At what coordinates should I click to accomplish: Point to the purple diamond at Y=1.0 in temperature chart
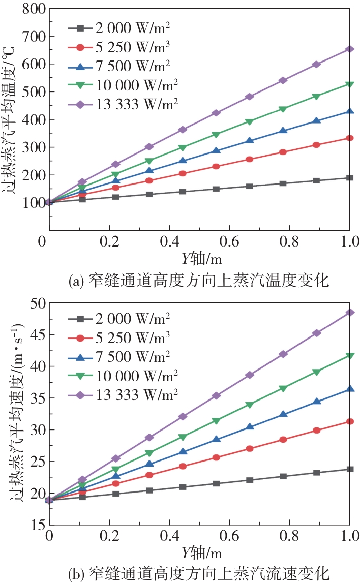(x=349, y=49)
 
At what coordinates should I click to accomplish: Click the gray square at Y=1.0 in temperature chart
(x=349, y=178)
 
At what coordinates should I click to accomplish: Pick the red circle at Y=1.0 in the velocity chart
(x=349, y=421)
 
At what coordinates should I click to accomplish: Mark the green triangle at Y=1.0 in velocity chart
(x=349, y=356)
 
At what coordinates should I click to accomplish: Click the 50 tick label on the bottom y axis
(x=38, y=303)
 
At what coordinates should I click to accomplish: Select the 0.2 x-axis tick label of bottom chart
(x=109, y=536)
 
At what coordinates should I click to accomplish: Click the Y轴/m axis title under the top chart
(x=199, y=258)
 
